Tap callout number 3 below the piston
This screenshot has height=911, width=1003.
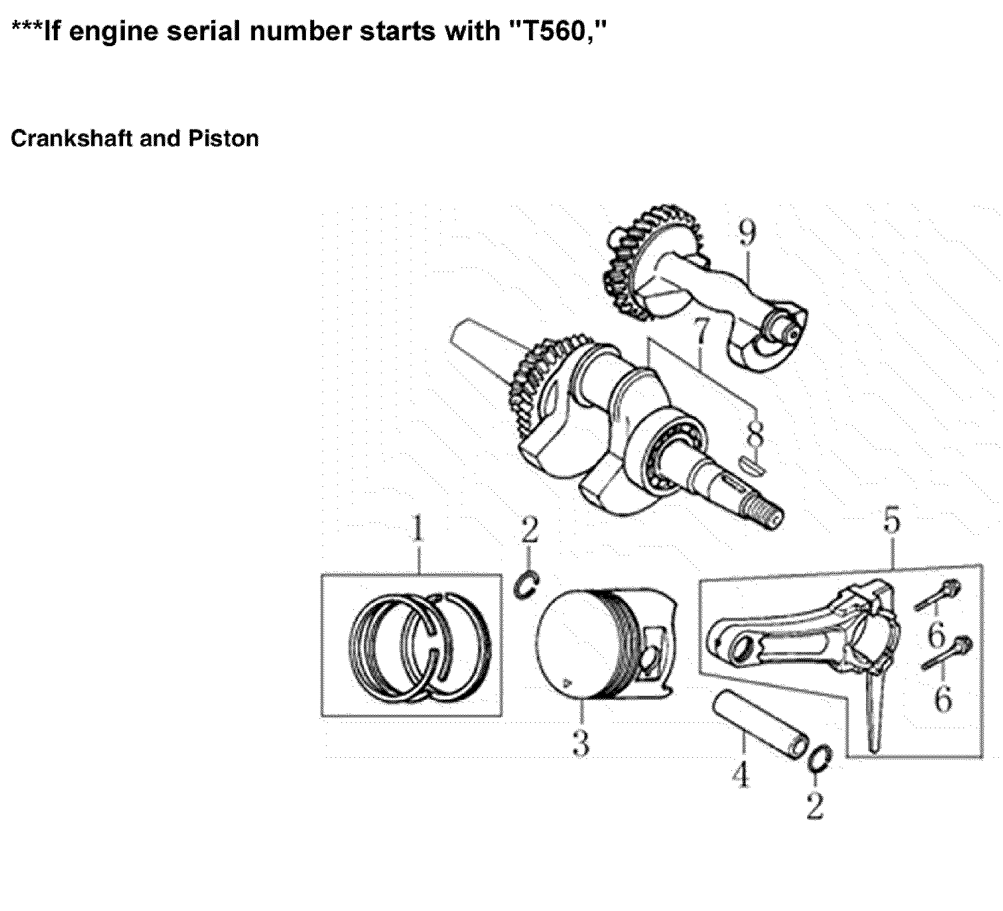[580, 743]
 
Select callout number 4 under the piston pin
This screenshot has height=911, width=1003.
[740, 774]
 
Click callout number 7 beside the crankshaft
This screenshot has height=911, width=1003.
[701, 332]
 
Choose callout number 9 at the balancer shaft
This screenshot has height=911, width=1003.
[747, 233]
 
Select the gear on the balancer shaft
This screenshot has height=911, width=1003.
[633, 260]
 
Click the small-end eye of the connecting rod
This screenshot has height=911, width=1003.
[738, 653]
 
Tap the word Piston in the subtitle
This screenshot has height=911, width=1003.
[223, 138]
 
